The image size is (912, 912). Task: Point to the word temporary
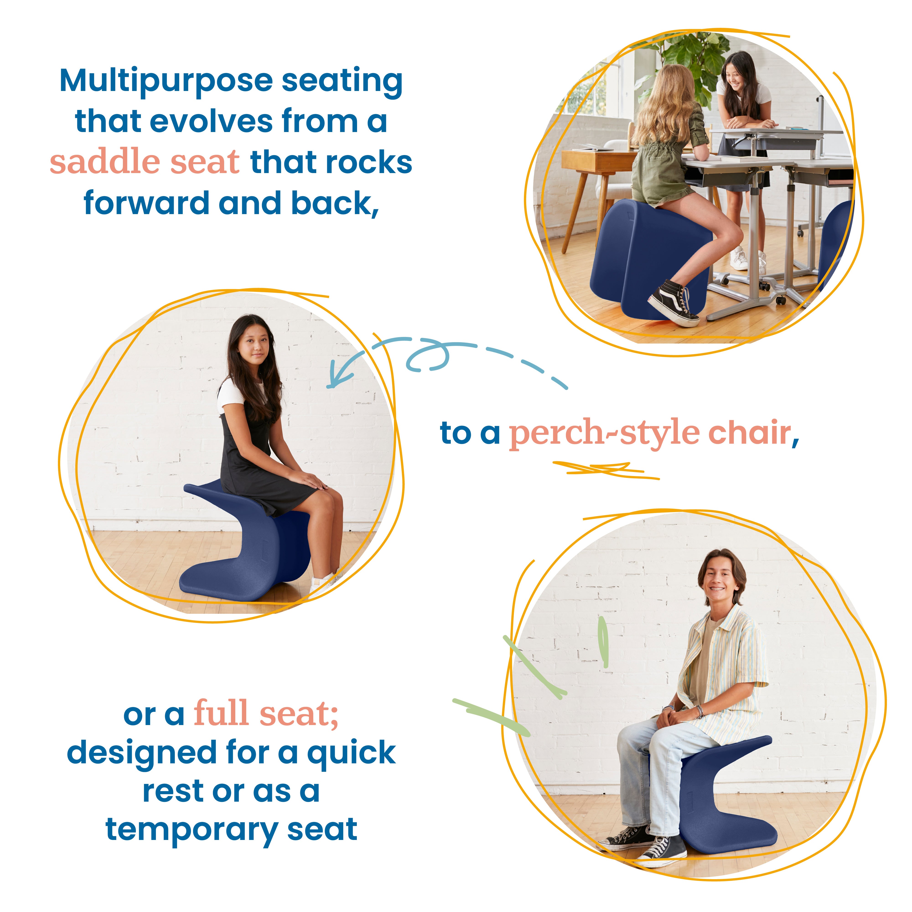click(191, 829)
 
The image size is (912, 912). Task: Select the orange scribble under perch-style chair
click(604, 470)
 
